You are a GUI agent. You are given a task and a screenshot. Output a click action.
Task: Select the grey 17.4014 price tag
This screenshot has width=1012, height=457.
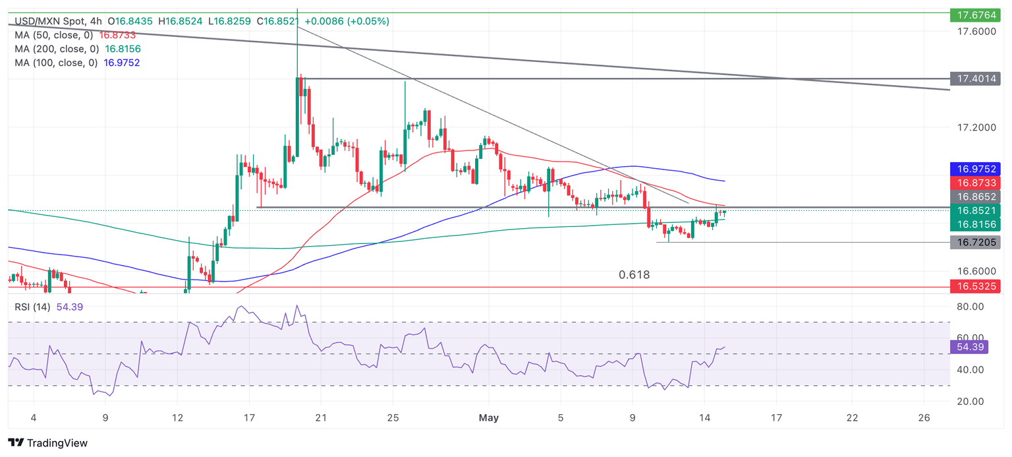click(x=975, y=79)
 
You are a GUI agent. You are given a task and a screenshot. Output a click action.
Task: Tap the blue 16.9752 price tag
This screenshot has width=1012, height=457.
click(x=975, y=168)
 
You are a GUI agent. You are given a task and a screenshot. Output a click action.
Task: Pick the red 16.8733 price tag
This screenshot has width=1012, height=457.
click(x=975, y=183)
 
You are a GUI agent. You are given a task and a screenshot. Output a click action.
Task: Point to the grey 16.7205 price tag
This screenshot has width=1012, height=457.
click(x=975, y=243)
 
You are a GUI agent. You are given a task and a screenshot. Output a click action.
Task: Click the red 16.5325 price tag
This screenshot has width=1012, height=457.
click(x=975, y=287)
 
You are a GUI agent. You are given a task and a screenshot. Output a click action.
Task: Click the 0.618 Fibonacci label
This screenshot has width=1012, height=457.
click(x=634, y=275)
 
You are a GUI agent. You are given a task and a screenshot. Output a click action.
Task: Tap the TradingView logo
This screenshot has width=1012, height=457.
click(x=47, y=443)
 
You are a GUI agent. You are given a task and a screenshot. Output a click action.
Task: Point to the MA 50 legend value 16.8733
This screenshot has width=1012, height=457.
click(x=117, y=35)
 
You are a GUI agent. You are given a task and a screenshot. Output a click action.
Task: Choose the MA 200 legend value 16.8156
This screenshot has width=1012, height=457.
click(x=123, y=49)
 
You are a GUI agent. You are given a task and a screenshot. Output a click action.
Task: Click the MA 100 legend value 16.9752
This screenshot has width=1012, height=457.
click(x=121, y=63)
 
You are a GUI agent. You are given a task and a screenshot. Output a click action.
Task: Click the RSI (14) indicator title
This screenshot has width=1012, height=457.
click(x=30, y=307)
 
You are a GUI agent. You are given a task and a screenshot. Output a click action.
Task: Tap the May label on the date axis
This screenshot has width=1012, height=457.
click(x=489, y=417)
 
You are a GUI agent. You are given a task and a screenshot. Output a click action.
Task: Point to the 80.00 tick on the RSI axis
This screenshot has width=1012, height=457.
click(x=970, y=307)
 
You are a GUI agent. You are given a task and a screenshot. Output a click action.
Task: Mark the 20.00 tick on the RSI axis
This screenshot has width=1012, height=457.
click(x=970, y=401)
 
